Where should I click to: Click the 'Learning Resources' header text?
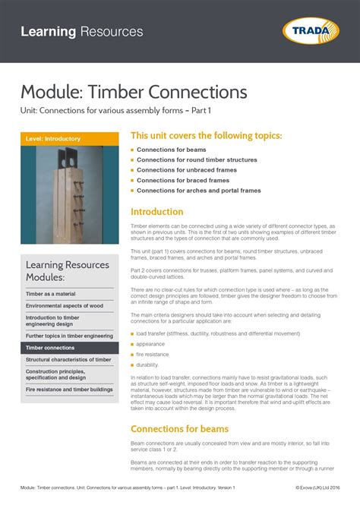click(x=82, y=32)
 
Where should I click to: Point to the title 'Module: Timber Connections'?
click(x=134, y=93)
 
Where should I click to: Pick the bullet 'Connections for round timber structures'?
click(x=197, y=160)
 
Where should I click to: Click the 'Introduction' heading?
click(x=157, y=212)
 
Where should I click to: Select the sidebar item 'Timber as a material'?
click(x=51, y=293)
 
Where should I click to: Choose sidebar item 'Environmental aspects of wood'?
click(x=64, y=305)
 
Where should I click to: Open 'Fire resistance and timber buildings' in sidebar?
click(x=69, y=390)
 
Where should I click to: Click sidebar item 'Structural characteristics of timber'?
click(x=69, y=360)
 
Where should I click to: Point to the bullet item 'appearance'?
click(x=150, y=344)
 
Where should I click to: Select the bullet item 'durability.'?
click(x=148, y=365)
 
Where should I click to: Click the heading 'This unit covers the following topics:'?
click(x=207, y=135)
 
